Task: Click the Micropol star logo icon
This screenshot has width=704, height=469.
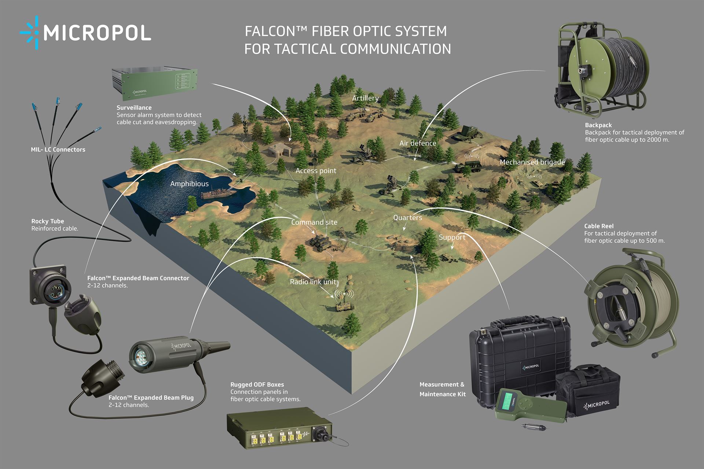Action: pos(30,33)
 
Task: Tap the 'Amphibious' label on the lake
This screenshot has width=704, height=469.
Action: pos(189,184)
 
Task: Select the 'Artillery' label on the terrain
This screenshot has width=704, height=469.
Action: pos(365,98)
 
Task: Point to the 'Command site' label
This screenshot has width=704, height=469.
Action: pos(314,222)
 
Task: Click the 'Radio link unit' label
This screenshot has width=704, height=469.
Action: pos(313,282)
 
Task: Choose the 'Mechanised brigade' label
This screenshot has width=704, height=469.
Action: pos(532,162)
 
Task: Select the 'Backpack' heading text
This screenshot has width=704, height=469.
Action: pos(598,125)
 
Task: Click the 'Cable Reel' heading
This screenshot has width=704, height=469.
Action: pos(598,226)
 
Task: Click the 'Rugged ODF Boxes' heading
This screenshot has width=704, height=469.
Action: pos(257,384)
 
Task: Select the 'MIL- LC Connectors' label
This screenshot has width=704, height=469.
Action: pos(58,149)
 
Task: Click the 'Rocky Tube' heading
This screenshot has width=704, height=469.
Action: pos(48,221)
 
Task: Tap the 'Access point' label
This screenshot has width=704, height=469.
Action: pos(316,171)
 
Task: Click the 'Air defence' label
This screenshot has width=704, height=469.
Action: pos(418,143)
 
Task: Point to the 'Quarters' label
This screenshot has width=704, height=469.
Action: pos(407,218)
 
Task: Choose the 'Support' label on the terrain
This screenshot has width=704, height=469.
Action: pos(452,237)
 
